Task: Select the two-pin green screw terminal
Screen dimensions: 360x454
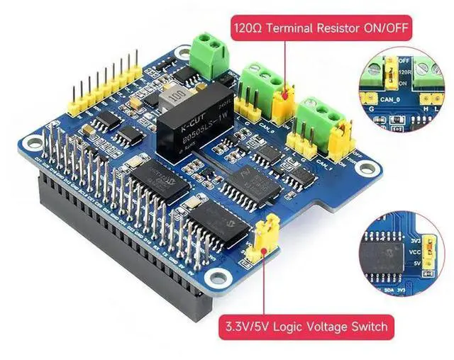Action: point(209,48)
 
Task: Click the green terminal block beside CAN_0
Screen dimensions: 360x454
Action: point(260,79)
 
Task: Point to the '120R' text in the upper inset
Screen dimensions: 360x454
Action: point(406,73)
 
